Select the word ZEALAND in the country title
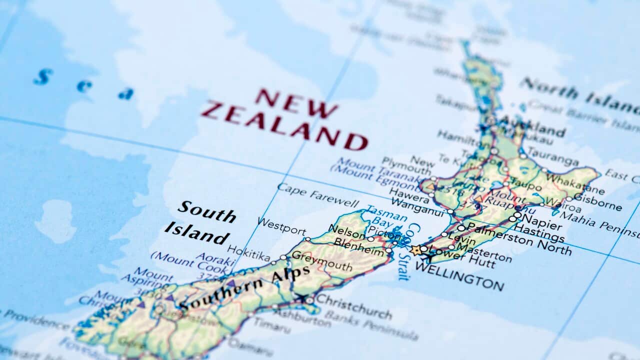coord(284,124)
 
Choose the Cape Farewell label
coord(317,195)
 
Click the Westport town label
coord(281,226)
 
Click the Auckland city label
coord(532,126)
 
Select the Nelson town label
coord(346,231)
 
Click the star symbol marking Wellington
coord(416,249)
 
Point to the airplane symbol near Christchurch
coord(301,298)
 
